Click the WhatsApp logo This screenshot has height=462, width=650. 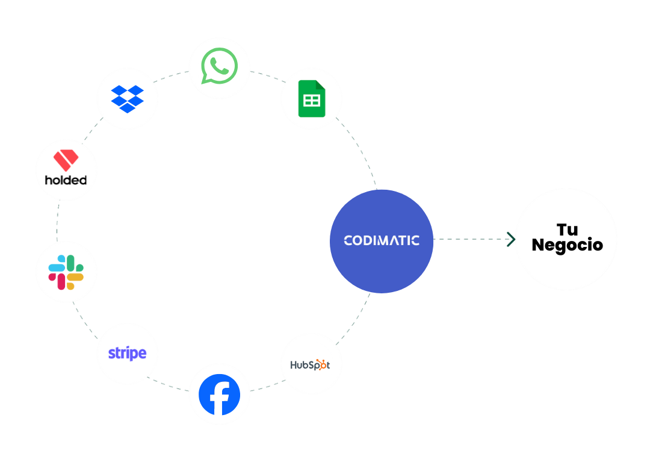coord(219,66)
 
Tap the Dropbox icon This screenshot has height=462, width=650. coord(128,98)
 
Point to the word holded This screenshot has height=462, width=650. coord(66,179)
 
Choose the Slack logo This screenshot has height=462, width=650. coord(66,272)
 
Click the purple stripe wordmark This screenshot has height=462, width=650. coord(127,354)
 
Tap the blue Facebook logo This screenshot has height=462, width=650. coord(219,395)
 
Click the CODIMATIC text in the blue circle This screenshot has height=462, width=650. coord(381,240)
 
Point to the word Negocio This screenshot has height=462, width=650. coord(567,245)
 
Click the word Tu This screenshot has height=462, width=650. coord(567,229)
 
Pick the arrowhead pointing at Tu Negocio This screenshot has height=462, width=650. coord(512,240)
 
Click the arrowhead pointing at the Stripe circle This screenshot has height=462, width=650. coord(154,380)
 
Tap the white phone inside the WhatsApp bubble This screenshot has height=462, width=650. coord(220,65)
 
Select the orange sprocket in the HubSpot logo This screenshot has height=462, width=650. coord(323,364)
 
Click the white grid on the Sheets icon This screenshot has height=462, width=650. coord(311,101)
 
